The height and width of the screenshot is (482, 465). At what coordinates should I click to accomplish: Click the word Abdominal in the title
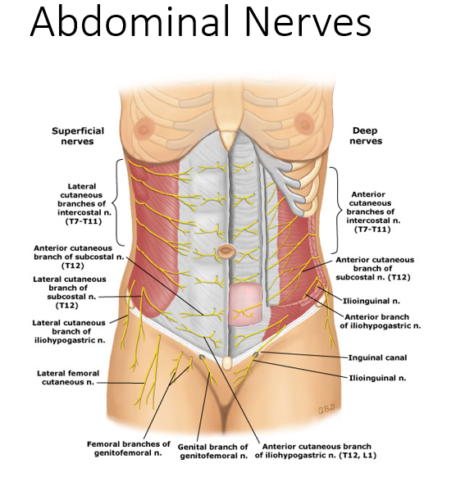[130, 21]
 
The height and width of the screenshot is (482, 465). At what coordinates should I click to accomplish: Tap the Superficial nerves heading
[77, 136]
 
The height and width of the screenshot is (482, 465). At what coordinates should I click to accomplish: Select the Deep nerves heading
[366, 136]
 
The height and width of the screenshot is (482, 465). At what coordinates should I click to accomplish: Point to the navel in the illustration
[226, 251]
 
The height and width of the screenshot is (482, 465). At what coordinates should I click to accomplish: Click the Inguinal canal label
[377, 357]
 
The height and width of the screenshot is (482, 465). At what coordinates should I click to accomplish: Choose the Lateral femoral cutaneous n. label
[68, 378]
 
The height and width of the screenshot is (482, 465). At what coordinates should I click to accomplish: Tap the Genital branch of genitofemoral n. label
[213, 451]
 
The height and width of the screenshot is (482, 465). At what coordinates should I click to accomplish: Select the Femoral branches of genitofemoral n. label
[128, 448]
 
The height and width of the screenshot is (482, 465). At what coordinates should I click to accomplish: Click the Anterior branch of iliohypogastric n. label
[381, 321]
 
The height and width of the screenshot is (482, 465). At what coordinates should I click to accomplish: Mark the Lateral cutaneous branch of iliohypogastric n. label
[70, 332]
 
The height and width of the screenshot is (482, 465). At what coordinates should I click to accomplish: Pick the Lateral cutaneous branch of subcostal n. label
[70, 293]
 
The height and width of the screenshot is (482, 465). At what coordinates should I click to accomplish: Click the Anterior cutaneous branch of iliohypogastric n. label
[316, 451]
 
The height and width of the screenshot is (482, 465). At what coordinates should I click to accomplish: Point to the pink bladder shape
[245, 305]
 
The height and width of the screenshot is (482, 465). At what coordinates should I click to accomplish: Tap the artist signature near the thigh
[326, 409]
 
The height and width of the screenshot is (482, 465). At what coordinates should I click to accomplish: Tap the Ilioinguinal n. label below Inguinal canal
[377, 378]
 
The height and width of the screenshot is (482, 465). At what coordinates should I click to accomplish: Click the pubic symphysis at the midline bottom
[227, 363]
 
